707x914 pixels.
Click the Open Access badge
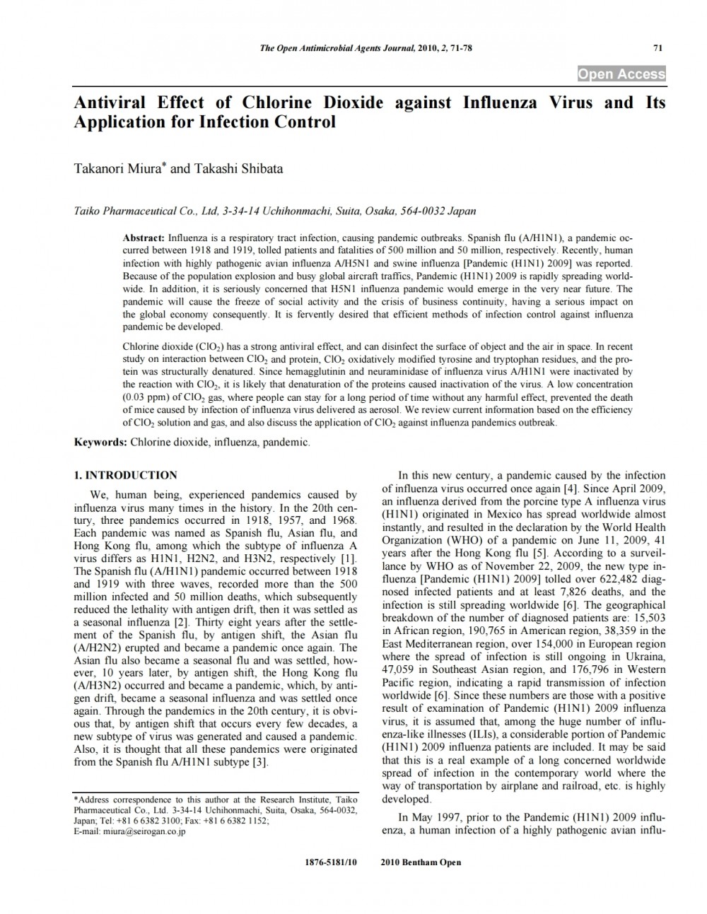pyautogui.click(x=621, y=74)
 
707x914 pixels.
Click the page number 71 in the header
pyautogui.click(x=658, y=48)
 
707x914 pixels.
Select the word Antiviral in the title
pyautogui.click(x=110, y=102)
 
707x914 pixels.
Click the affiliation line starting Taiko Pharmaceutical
pyautogui.click(x=275, y=211)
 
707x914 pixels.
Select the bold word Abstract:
pyautogui.click(x=144, y=238)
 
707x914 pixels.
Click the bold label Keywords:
pyautogui.click(x=101, y=442)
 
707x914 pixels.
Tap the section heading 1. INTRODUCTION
pyautogui.click(x=126, y=475)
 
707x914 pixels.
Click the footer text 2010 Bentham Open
pyautogui.click(x=421, y=862)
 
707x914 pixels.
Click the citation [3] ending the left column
pyautogui.click(x=261, y=762)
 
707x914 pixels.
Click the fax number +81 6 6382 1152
pyautogui.click(x=235, y=821)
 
